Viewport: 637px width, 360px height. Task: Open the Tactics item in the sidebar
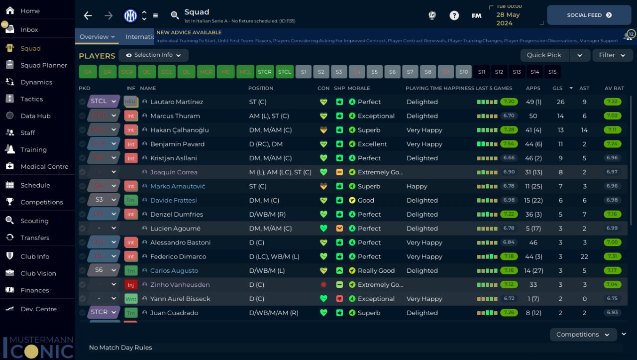(31, 99)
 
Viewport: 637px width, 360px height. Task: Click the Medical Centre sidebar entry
(44, 166)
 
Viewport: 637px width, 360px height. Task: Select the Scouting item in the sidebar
(34, 221)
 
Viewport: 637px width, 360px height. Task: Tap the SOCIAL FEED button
(589, 15)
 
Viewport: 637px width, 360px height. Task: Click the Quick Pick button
(544, 55)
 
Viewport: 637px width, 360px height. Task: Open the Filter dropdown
(612, 55)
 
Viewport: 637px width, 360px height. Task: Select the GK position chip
(88, 72)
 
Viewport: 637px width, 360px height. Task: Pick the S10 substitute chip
(463, 72)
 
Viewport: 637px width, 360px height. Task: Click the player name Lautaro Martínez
(177, 102)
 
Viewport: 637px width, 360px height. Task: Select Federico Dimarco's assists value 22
(584, 256)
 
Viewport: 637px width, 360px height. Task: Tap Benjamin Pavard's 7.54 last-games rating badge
(509, 144)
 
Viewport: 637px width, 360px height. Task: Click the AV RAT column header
(614, 88)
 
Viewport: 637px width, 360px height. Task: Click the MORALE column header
(358, 88)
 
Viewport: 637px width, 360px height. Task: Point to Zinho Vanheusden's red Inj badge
(131, 285)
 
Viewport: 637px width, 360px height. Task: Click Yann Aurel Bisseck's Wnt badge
(131, 299)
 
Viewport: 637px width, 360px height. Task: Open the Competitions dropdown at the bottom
(583, 335)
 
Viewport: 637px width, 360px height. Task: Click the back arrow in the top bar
(88, 15)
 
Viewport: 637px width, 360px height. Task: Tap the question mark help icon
(454, 15)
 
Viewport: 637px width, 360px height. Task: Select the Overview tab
(97, 36)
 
